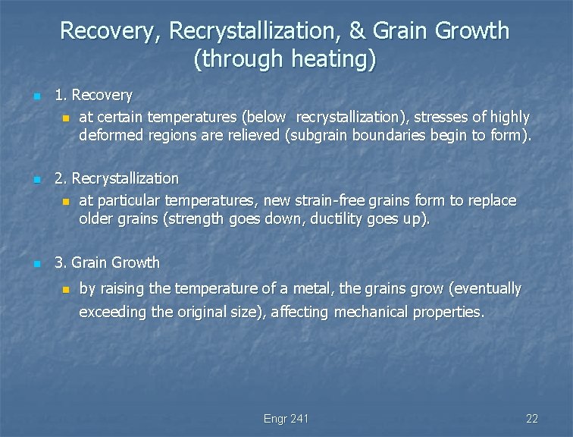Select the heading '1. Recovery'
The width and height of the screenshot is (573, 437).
[93, 96]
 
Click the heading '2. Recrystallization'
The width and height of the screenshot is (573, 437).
[117, 179]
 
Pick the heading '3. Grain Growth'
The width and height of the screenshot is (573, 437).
[107, 263]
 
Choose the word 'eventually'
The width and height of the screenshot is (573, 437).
[485, 289]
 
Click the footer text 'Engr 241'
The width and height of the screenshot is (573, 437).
[286, 419]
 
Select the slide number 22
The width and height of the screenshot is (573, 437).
[531, 419]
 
